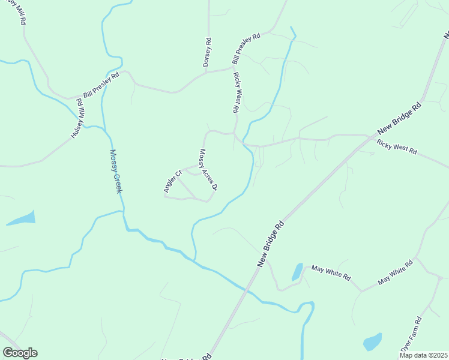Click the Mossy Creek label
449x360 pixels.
coord(116,171)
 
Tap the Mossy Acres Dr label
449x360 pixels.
coord(208,170)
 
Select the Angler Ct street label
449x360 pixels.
coord(172,182)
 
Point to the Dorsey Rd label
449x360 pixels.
coord(207,52)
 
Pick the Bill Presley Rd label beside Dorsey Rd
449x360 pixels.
coord(246,49)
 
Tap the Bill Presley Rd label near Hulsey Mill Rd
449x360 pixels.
coord(101,85)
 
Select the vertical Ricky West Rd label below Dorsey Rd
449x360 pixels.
coord(237,93)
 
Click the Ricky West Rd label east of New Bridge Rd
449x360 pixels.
coord(396,147)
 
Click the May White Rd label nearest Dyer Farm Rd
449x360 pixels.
coord(396,272)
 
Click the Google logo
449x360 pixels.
coord(20,353)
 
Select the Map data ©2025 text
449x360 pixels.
coord(423,355)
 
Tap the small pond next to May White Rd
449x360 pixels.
coord(297,272)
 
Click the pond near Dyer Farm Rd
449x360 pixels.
coord(372,342)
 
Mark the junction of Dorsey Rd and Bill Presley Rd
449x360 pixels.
coord(207,71)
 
